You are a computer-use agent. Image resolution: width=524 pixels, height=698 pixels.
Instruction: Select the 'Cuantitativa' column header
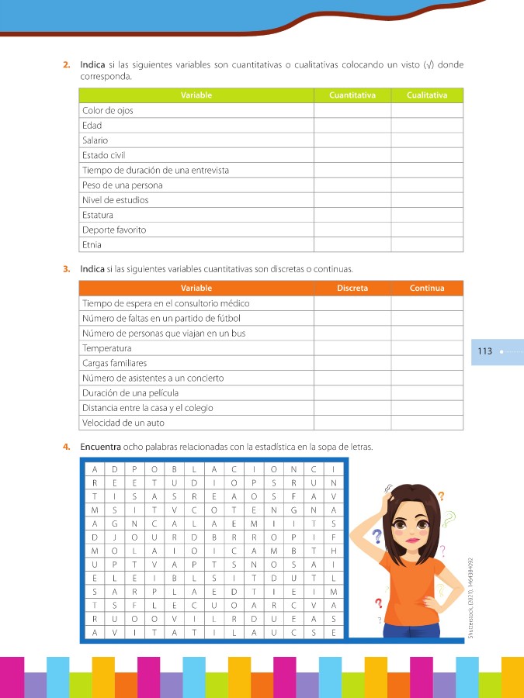352,95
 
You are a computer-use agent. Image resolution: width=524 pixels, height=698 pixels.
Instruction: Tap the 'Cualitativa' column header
426,95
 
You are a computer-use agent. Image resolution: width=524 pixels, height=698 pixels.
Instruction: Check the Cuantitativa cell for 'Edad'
352,125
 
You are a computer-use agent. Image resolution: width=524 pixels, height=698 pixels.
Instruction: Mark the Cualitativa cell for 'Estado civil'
426,155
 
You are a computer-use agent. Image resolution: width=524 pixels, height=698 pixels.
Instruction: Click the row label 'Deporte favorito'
114,230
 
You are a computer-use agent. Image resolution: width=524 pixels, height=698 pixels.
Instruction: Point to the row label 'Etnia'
92,245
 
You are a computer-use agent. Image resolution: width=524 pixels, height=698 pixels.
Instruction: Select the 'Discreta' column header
352,289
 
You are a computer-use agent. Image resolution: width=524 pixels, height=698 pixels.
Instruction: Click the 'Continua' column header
426,289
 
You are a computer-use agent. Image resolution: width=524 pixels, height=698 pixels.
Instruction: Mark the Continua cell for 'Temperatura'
426,348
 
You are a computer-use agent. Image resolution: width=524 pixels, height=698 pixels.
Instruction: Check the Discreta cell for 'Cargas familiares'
352,363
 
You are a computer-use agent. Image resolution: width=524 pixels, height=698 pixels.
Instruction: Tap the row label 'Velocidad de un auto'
123,423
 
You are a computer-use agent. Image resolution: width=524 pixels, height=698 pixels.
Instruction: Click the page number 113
485,351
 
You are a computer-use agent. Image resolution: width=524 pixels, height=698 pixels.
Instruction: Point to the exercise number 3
67,269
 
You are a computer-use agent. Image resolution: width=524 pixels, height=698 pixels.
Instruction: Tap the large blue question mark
378,537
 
